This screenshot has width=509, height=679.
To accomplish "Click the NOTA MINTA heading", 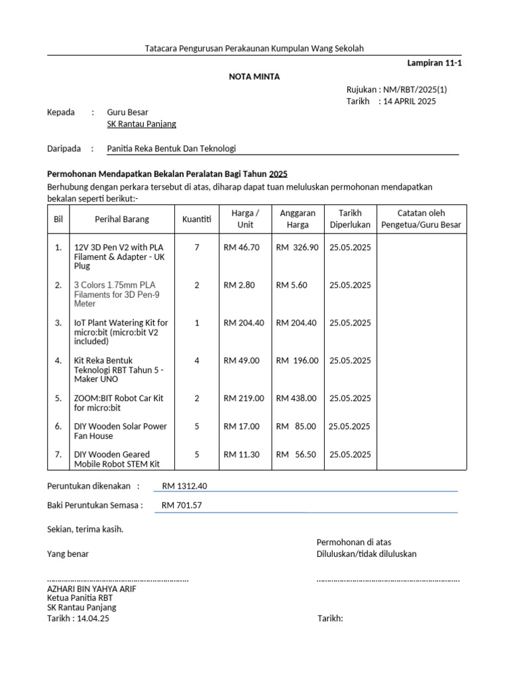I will (254, 77).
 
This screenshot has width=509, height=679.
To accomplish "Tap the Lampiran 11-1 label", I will (433, 64).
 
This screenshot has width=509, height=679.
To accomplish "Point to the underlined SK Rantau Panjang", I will (142, 124).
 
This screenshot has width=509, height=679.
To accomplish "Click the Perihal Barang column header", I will (122, 219).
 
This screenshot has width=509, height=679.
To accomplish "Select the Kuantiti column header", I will (197, 219).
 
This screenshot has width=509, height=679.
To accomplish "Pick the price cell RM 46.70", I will (241, 247).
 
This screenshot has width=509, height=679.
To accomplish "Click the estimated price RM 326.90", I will (297, 247).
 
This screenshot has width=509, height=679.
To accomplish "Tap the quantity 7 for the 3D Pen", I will (197, 247).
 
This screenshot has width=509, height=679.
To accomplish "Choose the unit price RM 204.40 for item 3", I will (244, 323).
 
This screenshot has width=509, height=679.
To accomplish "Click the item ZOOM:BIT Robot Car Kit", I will (119, 403).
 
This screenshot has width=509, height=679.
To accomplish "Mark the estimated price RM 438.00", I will (296, 399).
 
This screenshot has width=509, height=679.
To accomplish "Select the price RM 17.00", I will (241, 426).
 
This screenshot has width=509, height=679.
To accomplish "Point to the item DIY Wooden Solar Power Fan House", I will (120, 431).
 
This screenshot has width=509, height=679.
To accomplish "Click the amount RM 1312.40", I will (185, 486).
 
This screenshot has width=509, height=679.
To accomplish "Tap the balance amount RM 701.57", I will (182, 505).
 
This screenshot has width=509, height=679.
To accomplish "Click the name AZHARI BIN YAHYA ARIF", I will (91, 589).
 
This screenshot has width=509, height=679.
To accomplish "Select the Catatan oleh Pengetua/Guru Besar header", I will (421, 219).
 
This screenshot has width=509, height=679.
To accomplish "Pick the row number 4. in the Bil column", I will (58, 361).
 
